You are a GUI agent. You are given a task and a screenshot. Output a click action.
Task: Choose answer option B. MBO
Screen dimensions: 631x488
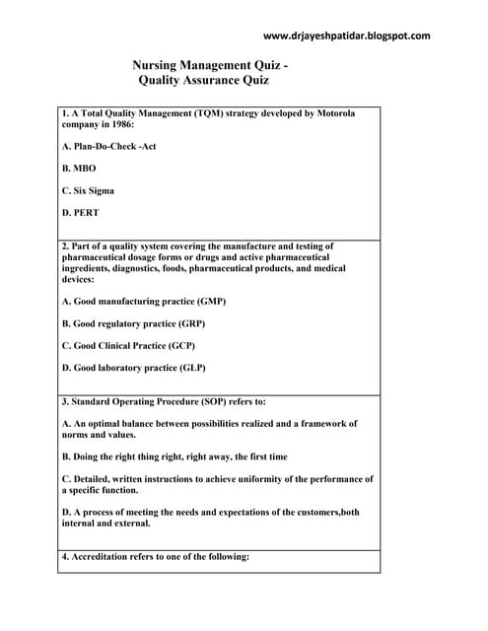coord(79,169)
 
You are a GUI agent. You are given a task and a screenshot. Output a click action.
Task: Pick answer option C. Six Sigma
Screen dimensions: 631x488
coord(88,190)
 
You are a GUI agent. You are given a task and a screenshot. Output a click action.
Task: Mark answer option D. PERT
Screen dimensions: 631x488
coord(80,212)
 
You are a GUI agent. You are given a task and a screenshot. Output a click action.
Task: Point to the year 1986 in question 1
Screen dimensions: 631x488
coord(115,125)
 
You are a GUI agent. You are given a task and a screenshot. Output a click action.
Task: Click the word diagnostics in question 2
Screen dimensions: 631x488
coord(146,267)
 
